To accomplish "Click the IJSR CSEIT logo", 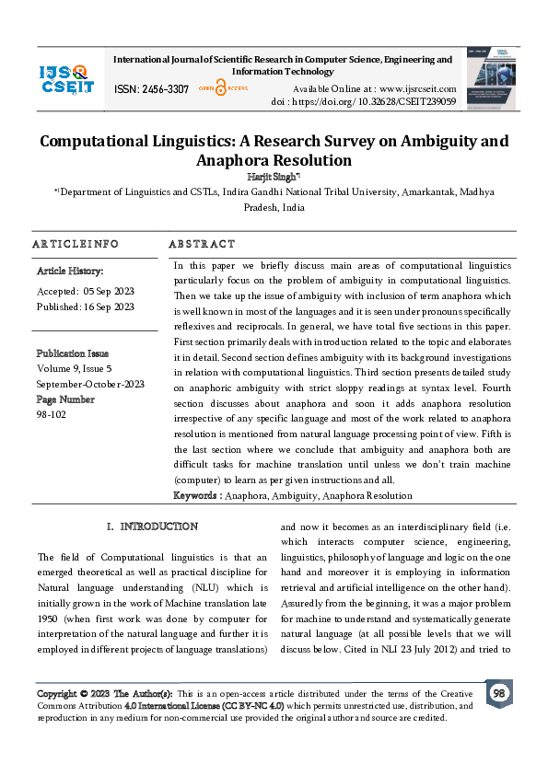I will coord(65,78).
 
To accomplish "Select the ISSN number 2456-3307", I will coord(151,89).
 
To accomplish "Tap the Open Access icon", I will coord(218,89).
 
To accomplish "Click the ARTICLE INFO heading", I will coord(76,244).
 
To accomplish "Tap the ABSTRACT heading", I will coord(202,244).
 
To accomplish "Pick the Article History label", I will coord(70,272).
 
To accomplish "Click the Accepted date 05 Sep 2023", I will coord(85,291).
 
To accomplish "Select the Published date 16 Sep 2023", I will coord(85,306).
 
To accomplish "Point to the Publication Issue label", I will coord(72,353).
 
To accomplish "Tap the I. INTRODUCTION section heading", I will coord(152,526).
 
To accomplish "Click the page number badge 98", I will coord(498,693).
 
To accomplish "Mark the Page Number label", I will coord(64,399).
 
